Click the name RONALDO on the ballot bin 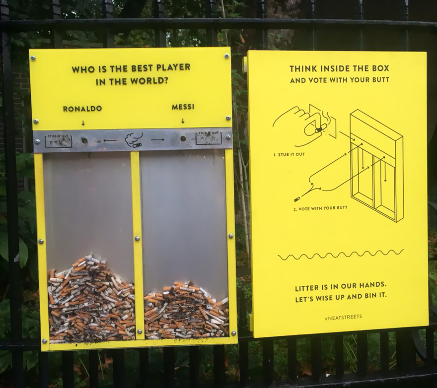click(x=82, y=109)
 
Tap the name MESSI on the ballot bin click(x=183, y=107)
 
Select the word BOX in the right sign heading click(x=379, y=68)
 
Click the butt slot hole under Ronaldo click(x=84, y=140)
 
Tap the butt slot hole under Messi click(x=183, y=138)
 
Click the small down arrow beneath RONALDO click(x=83, y=122)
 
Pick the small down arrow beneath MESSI click(x=183, y=121)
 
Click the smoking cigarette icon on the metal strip click(x=133, y=140)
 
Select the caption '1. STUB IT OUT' click(x=289, y=155)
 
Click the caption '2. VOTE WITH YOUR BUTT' click(x=320, y=208)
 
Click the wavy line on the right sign click(x=340, y=255)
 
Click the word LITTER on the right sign click(x=308, y=287)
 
